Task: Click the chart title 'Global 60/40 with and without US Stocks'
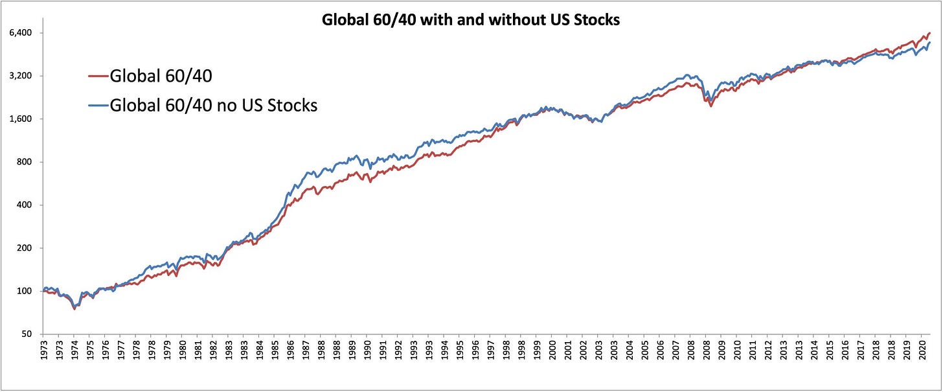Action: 471,20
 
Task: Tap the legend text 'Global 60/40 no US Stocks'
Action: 214,105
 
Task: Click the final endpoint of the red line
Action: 929,33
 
